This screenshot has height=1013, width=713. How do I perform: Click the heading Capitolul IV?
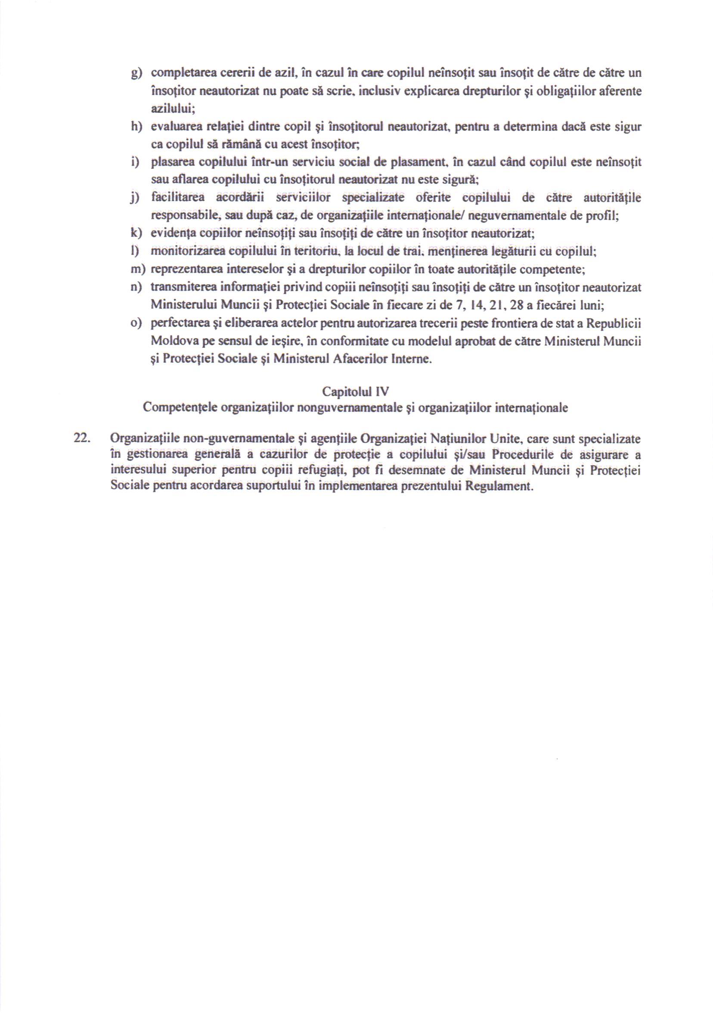coord(355,392)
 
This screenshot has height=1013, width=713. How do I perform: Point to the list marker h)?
coord(136,127)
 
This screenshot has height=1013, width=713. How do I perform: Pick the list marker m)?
coord(138,269)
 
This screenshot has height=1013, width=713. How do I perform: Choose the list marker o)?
coord(136,323)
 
